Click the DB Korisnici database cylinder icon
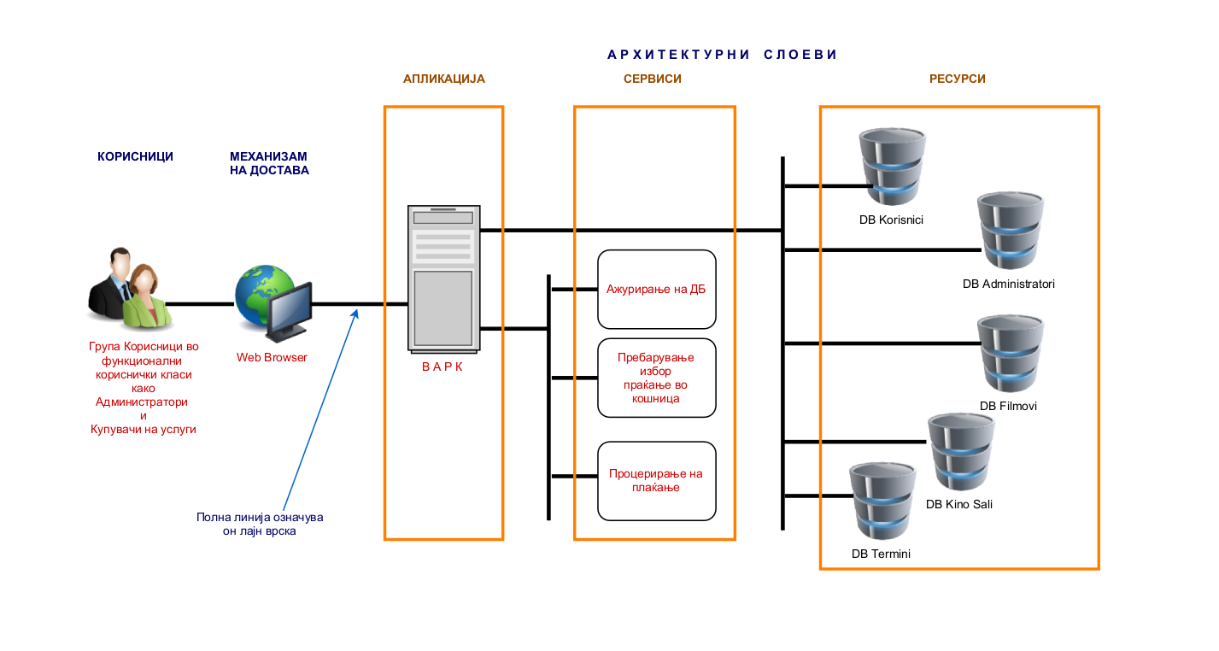892,167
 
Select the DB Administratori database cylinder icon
1010,232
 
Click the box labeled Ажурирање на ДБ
656,289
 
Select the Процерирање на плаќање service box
656,481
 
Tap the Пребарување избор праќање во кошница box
656,378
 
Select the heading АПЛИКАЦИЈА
444,79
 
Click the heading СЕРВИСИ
653,79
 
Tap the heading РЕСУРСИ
958,79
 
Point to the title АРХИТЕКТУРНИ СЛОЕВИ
722,55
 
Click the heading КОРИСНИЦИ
135,156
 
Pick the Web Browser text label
272,357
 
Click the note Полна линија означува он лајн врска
260,524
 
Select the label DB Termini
881,554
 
